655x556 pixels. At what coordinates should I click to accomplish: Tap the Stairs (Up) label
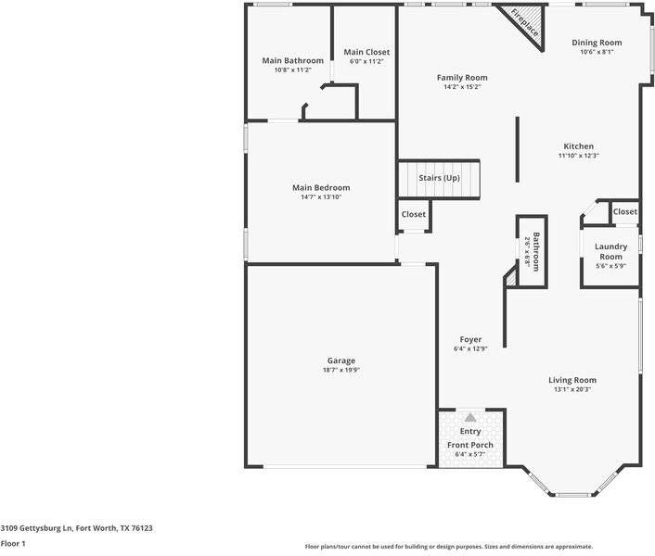(439, 178)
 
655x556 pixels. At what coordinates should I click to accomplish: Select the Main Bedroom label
(321, 188)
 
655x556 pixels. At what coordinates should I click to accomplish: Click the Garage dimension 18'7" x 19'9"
(341, 370)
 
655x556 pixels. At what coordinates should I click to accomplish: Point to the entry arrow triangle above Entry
(470, 417)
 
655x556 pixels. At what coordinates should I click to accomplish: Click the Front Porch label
(470, 445)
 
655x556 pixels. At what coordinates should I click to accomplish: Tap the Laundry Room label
(610, 251)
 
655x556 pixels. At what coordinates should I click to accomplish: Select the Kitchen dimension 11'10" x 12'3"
(579, 156)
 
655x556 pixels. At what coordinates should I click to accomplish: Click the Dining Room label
(597, 43)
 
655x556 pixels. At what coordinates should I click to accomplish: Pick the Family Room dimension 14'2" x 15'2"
(462, 87)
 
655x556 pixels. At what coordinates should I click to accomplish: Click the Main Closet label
(366, 52)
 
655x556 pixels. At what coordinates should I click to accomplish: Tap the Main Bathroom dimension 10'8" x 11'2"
(293, 70)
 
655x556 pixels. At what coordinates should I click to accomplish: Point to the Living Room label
(572, 380)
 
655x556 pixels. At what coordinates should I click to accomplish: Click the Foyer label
(470, 339)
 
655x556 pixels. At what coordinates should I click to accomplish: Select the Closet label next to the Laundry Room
(625, 211)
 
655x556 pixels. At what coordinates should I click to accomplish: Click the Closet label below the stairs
(414, 214)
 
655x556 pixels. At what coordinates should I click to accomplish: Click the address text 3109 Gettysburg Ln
(36, 528)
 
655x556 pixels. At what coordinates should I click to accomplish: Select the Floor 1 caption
(13, 543)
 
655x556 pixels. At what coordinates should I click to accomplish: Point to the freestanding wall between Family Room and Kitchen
(517, 149)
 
